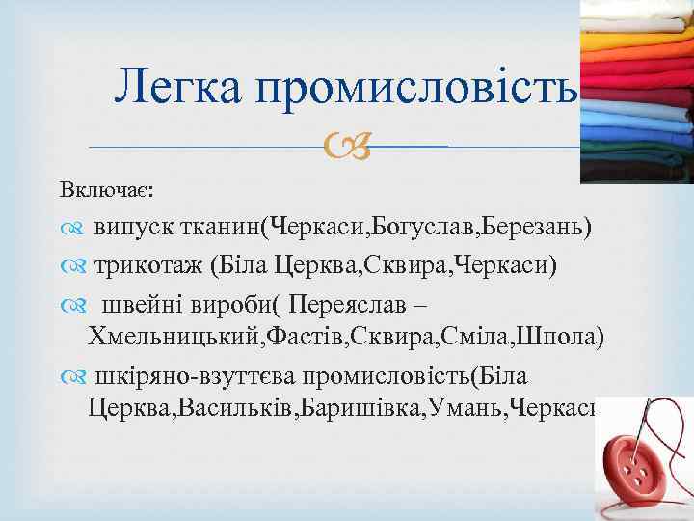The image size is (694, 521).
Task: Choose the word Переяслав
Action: (x=357, y=303)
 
